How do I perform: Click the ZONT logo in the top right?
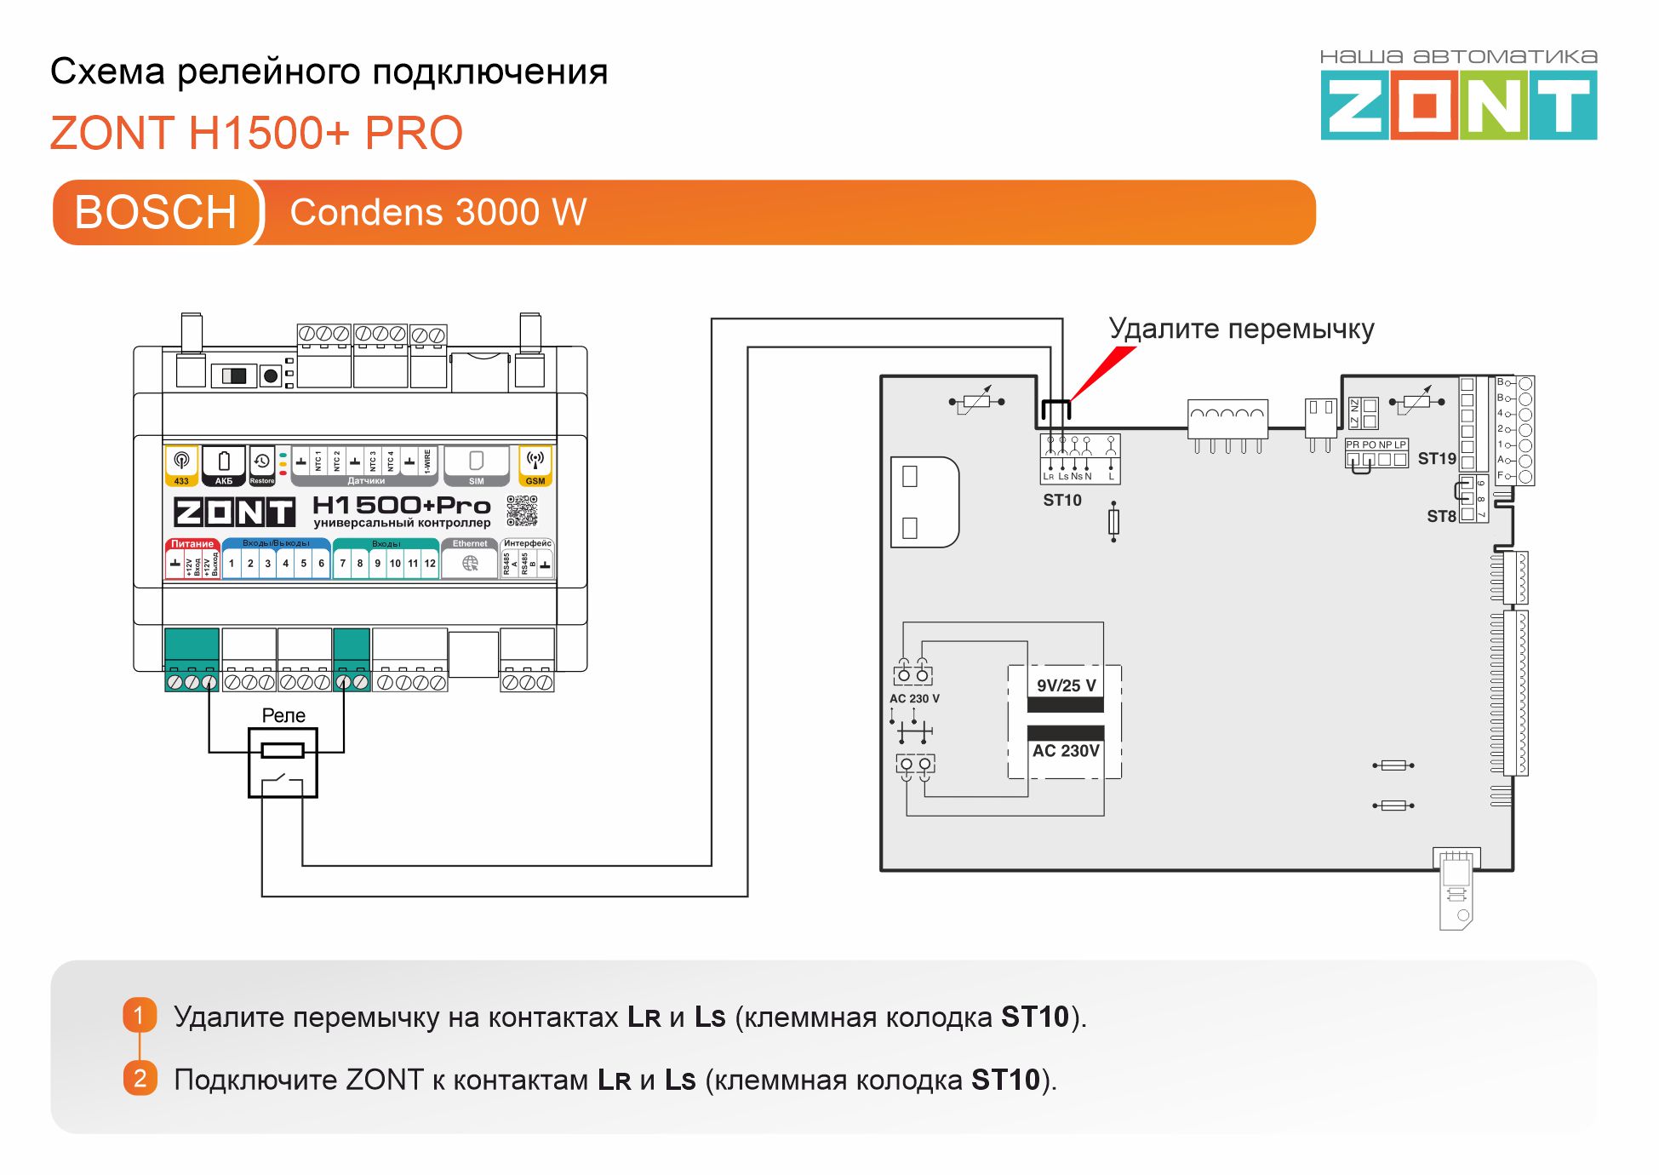tap(1458, 105)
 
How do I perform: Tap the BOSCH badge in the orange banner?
tap(155, 212)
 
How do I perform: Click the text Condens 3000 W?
tap(438, 212)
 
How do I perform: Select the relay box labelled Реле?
tap(283, 762)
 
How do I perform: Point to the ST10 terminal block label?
tap(1061, 501)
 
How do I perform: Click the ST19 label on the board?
tap(1436, 459)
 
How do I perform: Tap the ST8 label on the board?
tap(1440, 516)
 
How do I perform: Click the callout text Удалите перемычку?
tap(1240, 329)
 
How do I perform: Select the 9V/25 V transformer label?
tap(1066, 685)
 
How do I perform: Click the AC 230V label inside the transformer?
tap(1066, 751)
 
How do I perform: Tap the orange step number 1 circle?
tap(140, 1015)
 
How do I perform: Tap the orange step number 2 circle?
tap(140, 1078)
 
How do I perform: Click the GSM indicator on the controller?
tap(535, 466)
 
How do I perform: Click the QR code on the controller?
tap(522, 510)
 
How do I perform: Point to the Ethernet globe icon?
tap(470, 563)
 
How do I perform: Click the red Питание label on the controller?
tap(192, 544)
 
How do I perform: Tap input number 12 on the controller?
tap(430, 564)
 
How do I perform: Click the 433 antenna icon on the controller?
tap(181, 465)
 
